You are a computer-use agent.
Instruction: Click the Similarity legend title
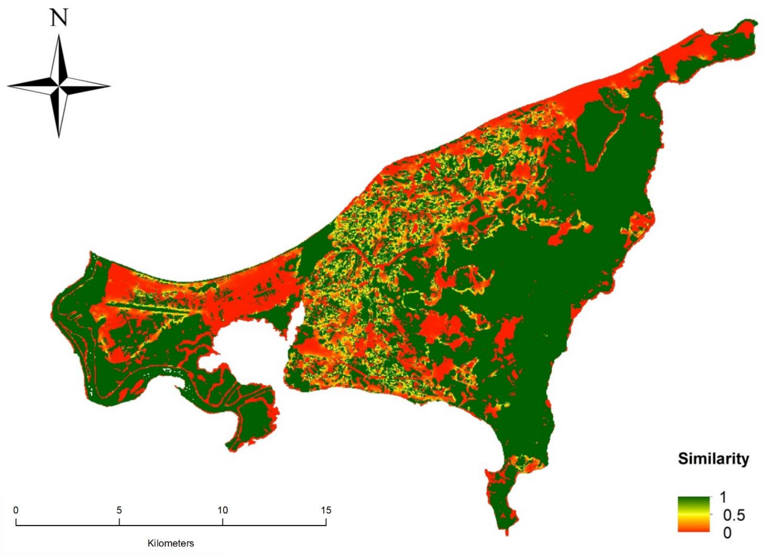click(713, 459)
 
